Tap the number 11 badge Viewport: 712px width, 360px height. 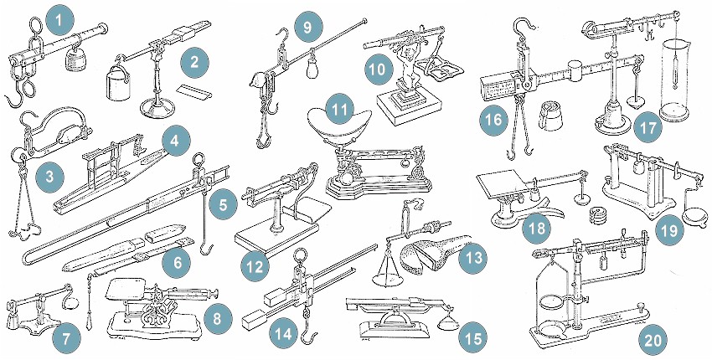339,110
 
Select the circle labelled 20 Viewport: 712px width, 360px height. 653,340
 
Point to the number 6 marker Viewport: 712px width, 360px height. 177,262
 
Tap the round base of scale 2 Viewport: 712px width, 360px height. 157,109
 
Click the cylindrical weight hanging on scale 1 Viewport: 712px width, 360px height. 75,58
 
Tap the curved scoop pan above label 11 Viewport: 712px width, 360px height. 335,122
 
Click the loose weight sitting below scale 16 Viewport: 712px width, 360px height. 550,116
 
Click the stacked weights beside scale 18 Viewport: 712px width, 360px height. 598,214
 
